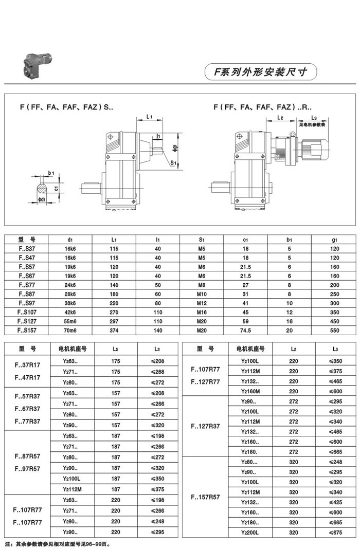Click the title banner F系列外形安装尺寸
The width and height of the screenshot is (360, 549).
coord(261,72)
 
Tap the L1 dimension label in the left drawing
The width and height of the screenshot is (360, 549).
coord(149,117)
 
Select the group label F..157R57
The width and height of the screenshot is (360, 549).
coord(205,497)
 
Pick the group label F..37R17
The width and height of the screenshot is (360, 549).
coord(26,365)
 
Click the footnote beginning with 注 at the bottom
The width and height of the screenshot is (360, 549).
coord(58,543)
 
